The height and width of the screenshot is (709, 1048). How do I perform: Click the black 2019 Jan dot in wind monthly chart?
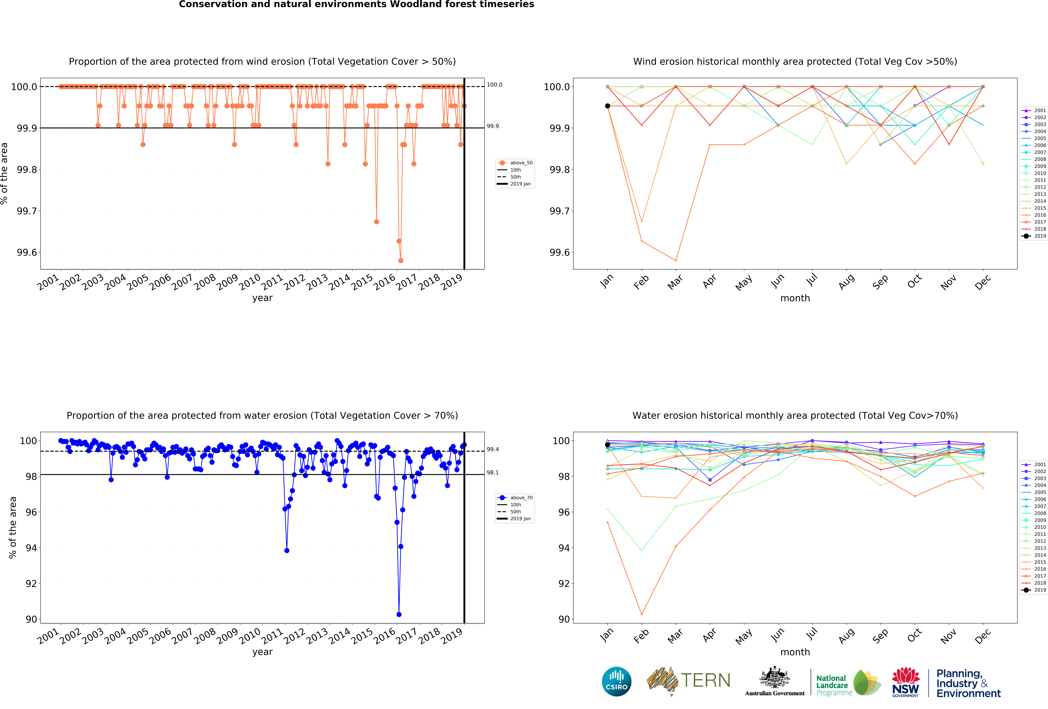(x=607, y=106)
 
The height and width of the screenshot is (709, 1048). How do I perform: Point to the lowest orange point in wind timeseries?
(x=400, y=260)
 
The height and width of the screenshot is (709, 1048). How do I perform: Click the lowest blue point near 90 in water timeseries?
(x=399, y=614)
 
